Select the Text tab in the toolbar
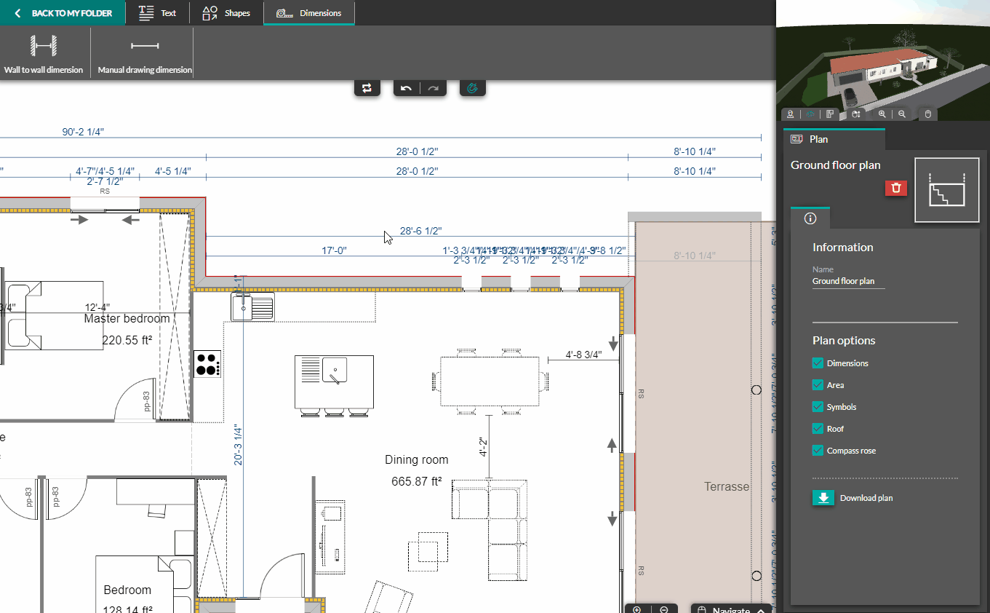157,13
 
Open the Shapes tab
226,13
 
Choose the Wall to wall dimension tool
43,55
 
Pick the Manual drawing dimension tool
145,55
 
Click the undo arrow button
406,88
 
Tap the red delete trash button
896,188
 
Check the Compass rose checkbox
817,451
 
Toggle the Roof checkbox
817,429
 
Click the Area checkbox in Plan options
817,385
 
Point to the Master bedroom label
127,319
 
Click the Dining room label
416,460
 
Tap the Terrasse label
726,487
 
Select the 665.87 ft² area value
416,482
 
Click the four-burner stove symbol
208,364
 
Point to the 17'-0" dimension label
334,250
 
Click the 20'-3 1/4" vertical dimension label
237,446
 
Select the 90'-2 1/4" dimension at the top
82,132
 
